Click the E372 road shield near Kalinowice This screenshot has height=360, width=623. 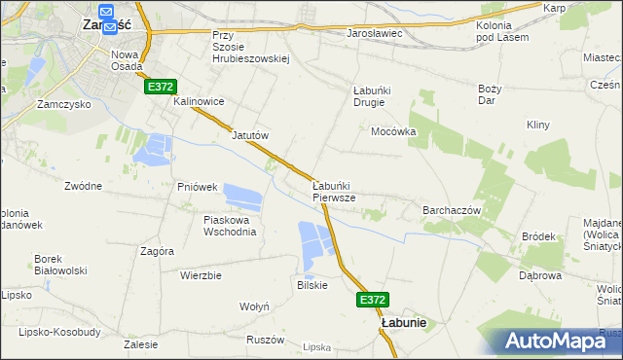tap(162, 87)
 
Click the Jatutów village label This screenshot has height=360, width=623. tap(249, 135)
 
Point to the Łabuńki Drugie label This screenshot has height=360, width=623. tap(371, 97)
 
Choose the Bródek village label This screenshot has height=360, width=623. tap(538, 235)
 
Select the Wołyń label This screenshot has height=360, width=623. tap(254, 306)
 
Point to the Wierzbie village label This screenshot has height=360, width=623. tap(201, 275)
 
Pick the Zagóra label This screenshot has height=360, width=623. tap(157, 250)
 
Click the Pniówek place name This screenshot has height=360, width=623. tap(196, 186)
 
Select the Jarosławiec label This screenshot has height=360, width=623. tap(375, 33)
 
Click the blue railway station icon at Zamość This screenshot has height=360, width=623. tap(107, 12)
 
